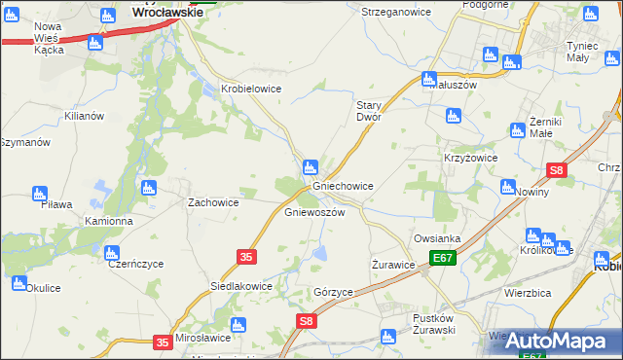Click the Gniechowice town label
tap(342, 185)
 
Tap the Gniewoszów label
tap(314, 211)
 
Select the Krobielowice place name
tap(251, 88)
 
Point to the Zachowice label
tap(213, 202)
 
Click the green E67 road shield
tap(443, 258)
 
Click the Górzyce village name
tap(333, 291)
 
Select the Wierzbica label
tap(530, 291)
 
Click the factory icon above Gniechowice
tap(311, 166)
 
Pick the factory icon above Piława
tap(40, 194)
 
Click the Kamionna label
tap(108, 221)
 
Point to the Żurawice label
tap(394, 264)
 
